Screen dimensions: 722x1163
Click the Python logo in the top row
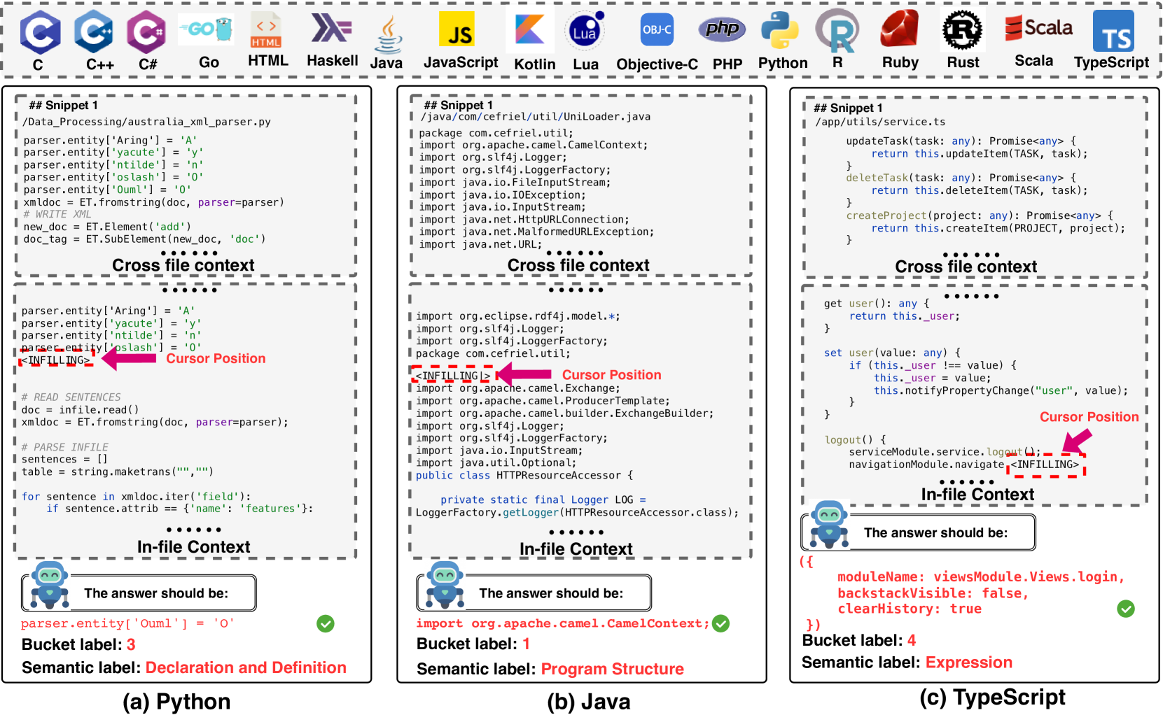(x=780, y=30)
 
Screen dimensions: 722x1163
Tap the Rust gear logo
(x=962, y=30)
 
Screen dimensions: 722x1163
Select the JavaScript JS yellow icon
(x=460, y=30)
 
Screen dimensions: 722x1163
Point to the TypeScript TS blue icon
(x=1113, y=31)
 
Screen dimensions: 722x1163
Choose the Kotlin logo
(x=531, y=30)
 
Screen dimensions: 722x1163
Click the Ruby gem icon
(x=900, y=30)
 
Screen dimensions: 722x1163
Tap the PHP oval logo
(x=722, y=29)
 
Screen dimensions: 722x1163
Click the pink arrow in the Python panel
(x=130, y=358)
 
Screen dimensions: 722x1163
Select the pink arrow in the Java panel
(x=525, y=374)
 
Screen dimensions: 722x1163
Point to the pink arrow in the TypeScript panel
(x=1077, y=441)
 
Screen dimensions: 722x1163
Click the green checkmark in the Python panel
(x=326, y=623)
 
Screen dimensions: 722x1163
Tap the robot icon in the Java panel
(x=445, y=585)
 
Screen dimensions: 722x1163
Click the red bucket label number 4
(x=912, y=640)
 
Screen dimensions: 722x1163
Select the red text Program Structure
(x=612, y=669)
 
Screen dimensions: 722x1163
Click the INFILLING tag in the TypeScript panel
(x=1045, y=465)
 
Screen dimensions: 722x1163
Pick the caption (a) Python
(x=176, y=702)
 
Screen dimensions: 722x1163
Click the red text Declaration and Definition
(x=246, y=667)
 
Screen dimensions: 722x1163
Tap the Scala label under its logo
(x=1033, y=61)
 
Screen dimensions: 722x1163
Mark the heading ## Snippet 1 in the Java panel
(x=459, y=105)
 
